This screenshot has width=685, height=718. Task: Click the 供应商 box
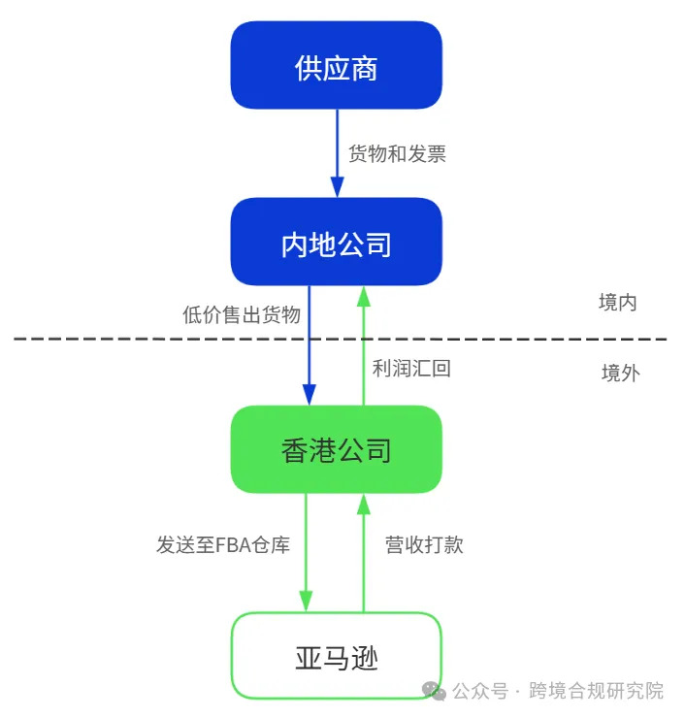coord(336,66)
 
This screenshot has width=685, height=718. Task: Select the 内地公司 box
coord(336,243)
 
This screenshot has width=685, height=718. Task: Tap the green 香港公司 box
coord(336,449)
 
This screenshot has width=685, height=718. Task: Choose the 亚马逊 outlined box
coord(336,657)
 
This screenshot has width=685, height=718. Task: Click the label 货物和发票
coord(398,153)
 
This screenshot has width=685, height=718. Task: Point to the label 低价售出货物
coord(242,314)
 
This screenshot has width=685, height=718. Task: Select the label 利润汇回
coord(411,369)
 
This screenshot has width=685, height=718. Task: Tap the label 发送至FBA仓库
coord(223,544)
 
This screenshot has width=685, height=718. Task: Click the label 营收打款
coord(424,544)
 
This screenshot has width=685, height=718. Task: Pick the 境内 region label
coord(618,303)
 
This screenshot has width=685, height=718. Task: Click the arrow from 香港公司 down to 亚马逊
coord(307,553)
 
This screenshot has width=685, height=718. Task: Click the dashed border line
coord(146,340)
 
